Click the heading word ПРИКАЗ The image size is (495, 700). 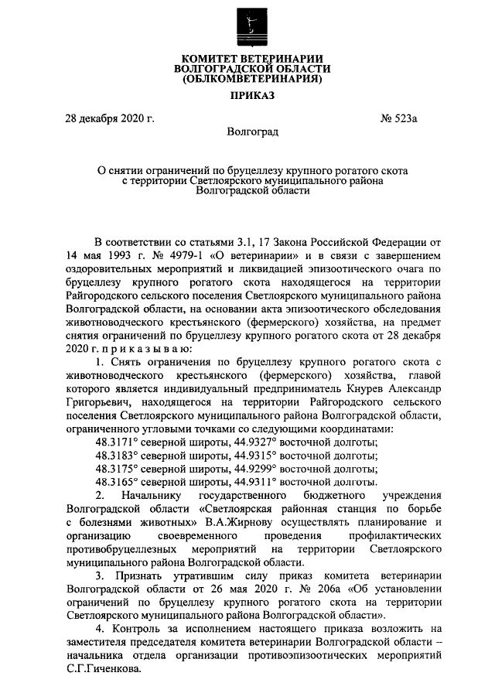(x=247, y=97)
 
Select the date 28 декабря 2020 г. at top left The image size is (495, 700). (x=109, y=120)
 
